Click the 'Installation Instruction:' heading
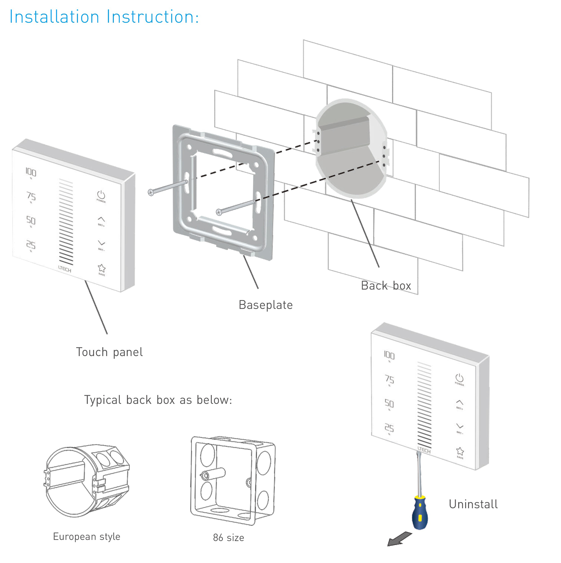104,17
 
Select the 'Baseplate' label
265,305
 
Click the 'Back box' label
386,285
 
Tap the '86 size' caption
228,538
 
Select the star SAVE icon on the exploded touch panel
101,268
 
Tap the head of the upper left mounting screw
151,192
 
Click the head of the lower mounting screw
219,212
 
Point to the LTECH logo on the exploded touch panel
64,269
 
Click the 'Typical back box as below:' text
158,400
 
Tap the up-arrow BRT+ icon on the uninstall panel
459,403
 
